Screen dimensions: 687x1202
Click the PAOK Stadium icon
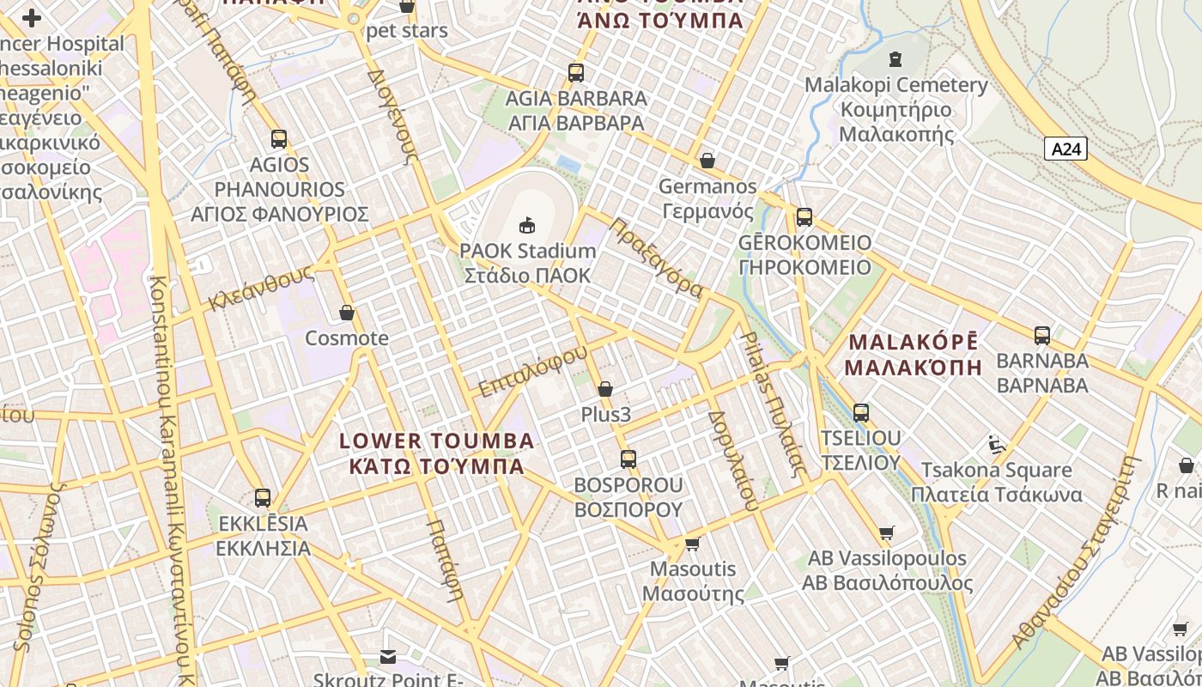[527, 225]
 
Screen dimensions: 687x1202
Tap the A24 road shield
[1066, 149]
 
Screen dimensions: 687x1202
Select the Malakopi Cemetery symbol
[895, 59]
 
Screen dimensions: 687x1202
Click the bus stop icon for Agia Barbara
[575, 73]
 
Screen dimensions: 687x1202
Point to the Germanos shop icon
[707, 161]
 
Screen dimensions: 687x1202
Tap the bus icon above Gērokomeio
[804, 216]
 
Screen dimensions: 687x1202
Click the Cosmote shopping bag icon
[347, 313]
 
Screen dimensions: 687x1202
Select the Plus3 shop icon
[605, 389]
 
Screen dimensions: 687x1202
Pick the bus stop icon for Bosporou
[628, 459]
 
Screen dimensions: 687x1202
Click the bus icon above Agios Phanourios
[278, 139]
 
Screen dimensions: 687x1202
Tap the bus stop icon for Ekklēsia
[263, 498]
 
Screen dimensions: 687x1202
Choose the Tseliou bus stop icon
[861, 413]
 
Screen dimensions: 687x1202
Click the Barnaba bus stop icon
[1042, 335]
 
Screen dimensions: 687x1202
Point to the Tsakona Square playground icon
[996, 445]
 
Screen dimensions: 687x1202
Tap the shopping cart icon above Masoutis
[692, 544]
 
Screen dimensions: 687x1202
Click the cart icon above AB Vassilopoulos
[887, 532]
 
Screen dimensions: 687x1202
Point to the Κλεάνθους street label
[260, 288]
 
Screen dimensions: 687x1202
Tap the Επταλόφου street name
[532, 371]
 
